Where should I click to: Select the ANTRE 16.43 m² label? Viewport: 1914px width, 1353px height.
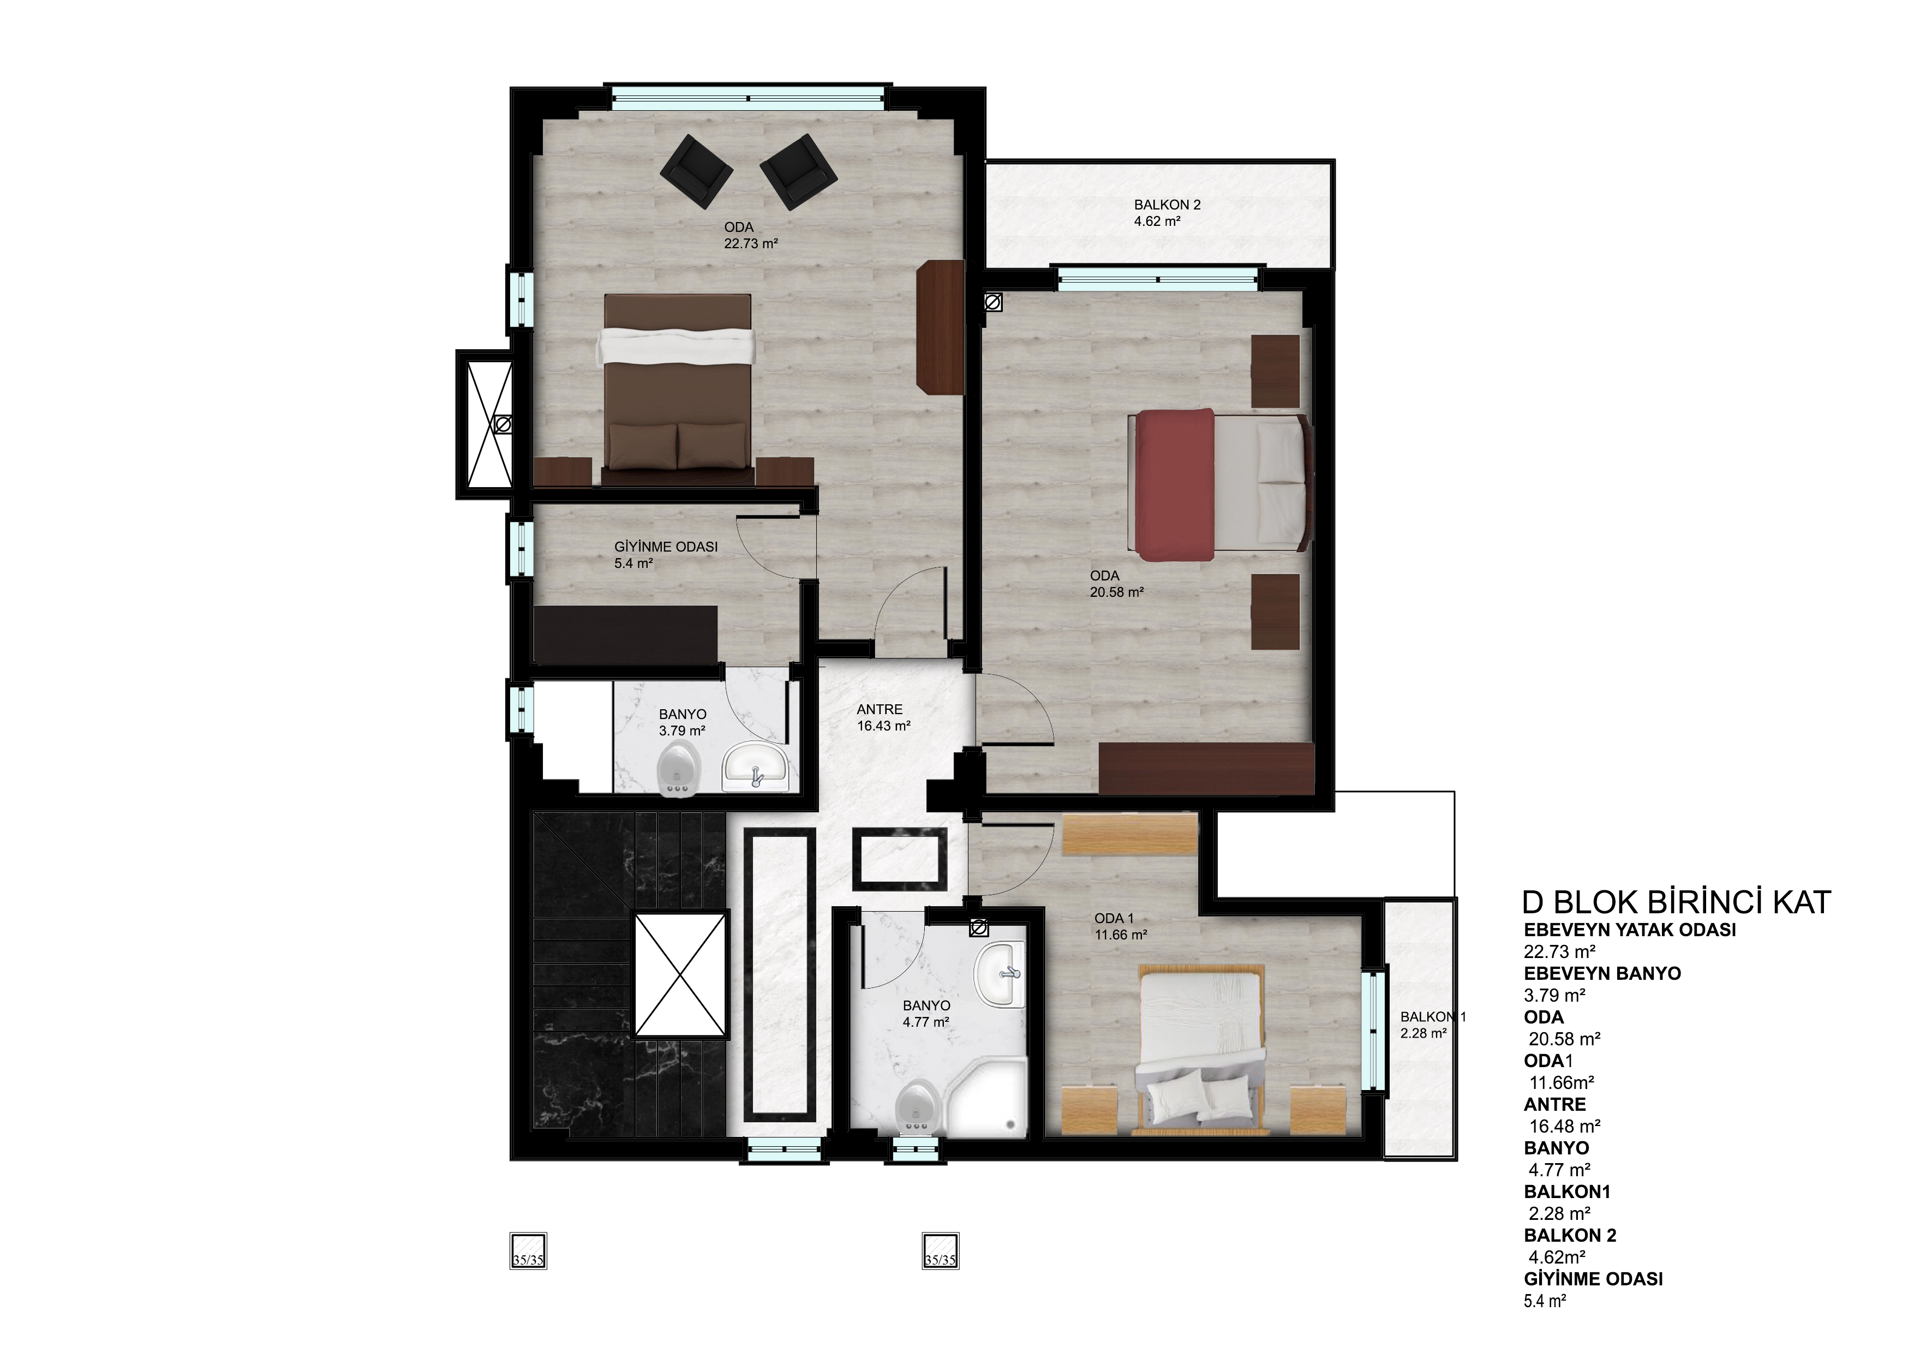coord(883,718)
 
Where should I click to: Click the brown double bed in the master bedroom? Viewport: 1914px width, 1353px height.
coord(677,390)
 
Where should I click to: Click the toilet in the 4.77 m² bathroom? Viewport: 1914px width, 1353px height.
coord(920,1108)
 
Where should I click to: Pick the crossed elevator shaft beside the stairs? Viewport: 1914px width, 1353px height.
coord(681,974)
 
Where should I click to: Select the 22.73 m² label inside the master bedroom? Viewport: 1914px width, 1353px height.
coord(751,244)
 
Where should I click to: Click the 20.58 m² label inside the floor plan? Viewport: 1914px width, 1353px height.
coord(1116,592)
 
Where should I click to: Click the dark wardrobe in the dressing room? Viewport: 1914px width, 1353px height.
coord(625,635)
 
